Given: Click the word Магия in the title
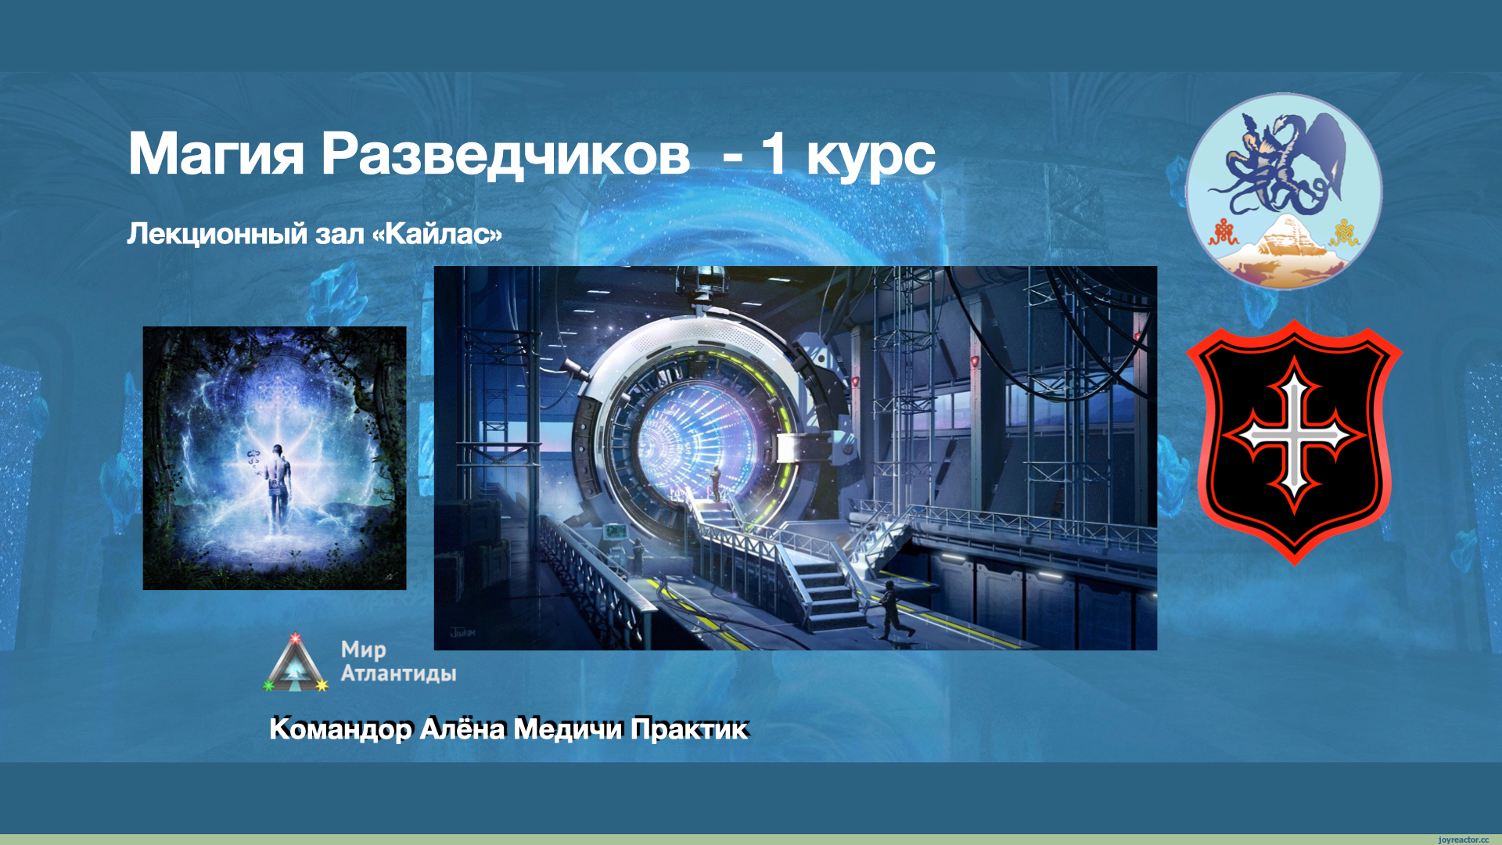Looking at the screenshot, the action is tap(216, 154).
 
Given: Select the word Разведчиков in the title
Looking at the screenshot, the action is tap(505, 154).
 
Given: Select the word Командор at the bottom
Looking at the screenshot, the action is tap(340, 729).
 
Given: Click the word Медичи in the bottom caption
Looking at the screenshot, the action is tap(569, 729).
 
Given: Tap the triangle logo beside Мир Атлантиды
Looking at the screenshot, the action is tap(295, 663).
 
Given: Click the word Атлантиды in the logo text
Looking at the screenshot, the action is tap(399, 674).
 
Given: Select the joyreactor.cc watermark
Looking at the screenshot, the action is tap(1463, 840).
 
